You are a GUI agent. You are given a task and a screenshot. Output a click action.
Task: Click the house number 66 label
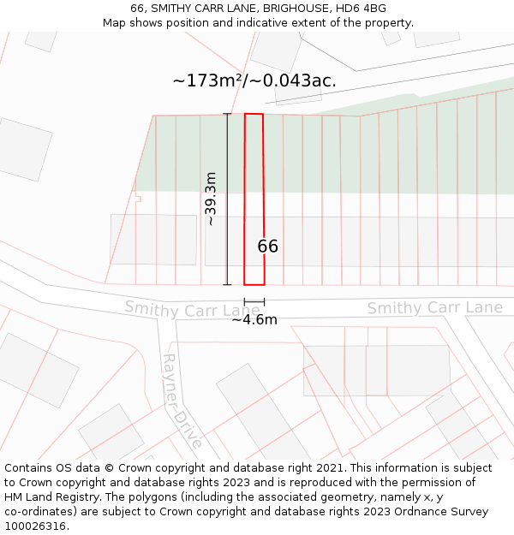pos(268,247)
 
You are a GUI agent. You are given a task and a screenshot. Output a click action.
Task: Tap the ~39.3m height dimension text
pos(211,199)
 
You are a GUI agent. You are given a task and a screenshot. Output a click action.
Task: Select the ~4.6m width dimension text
pos(254,319)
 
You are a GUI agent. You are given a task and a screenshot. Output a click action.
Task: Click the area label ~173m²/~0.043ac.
pos(254,81)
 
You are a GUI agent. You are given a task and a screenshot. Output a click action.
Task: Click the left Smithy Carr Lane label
pos(192,309)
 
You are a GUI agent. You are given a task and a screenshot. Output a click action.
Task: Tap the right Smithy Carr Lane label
pos(435,308)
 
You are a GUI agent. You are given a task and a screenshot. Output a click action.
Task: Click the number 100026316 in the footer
pos(35,526)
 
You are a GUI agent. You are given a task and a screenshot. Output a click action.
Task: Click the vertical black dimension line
pos(227,199)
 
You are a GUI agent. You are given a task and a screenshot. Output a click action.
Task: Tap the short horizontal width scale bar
pos(254,301)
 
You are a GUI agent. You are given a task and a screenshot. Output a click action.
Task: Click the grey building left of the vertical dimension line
pos(152,239)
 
